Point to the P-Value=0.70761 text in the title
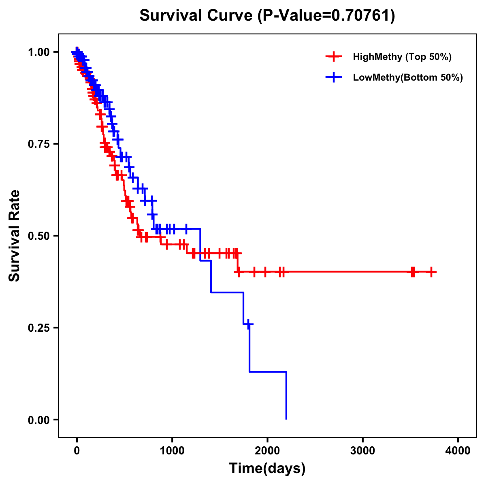tap(326, 15)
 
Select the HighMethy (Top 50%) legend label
tap(402, 57)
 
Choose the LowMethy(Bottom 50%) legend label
tap(408, 77)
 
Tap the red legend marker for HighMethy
tap(334, 57)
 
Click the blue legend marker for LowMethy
tap(334, 77)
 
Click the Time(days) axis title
tap(267, 468)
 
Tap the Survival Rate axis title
tap(15, 235)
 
